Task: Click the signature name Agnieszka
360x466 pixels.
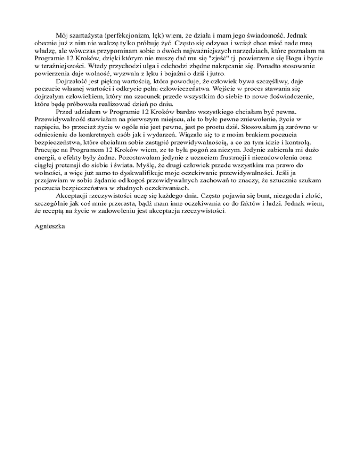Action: pos(52,226)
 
